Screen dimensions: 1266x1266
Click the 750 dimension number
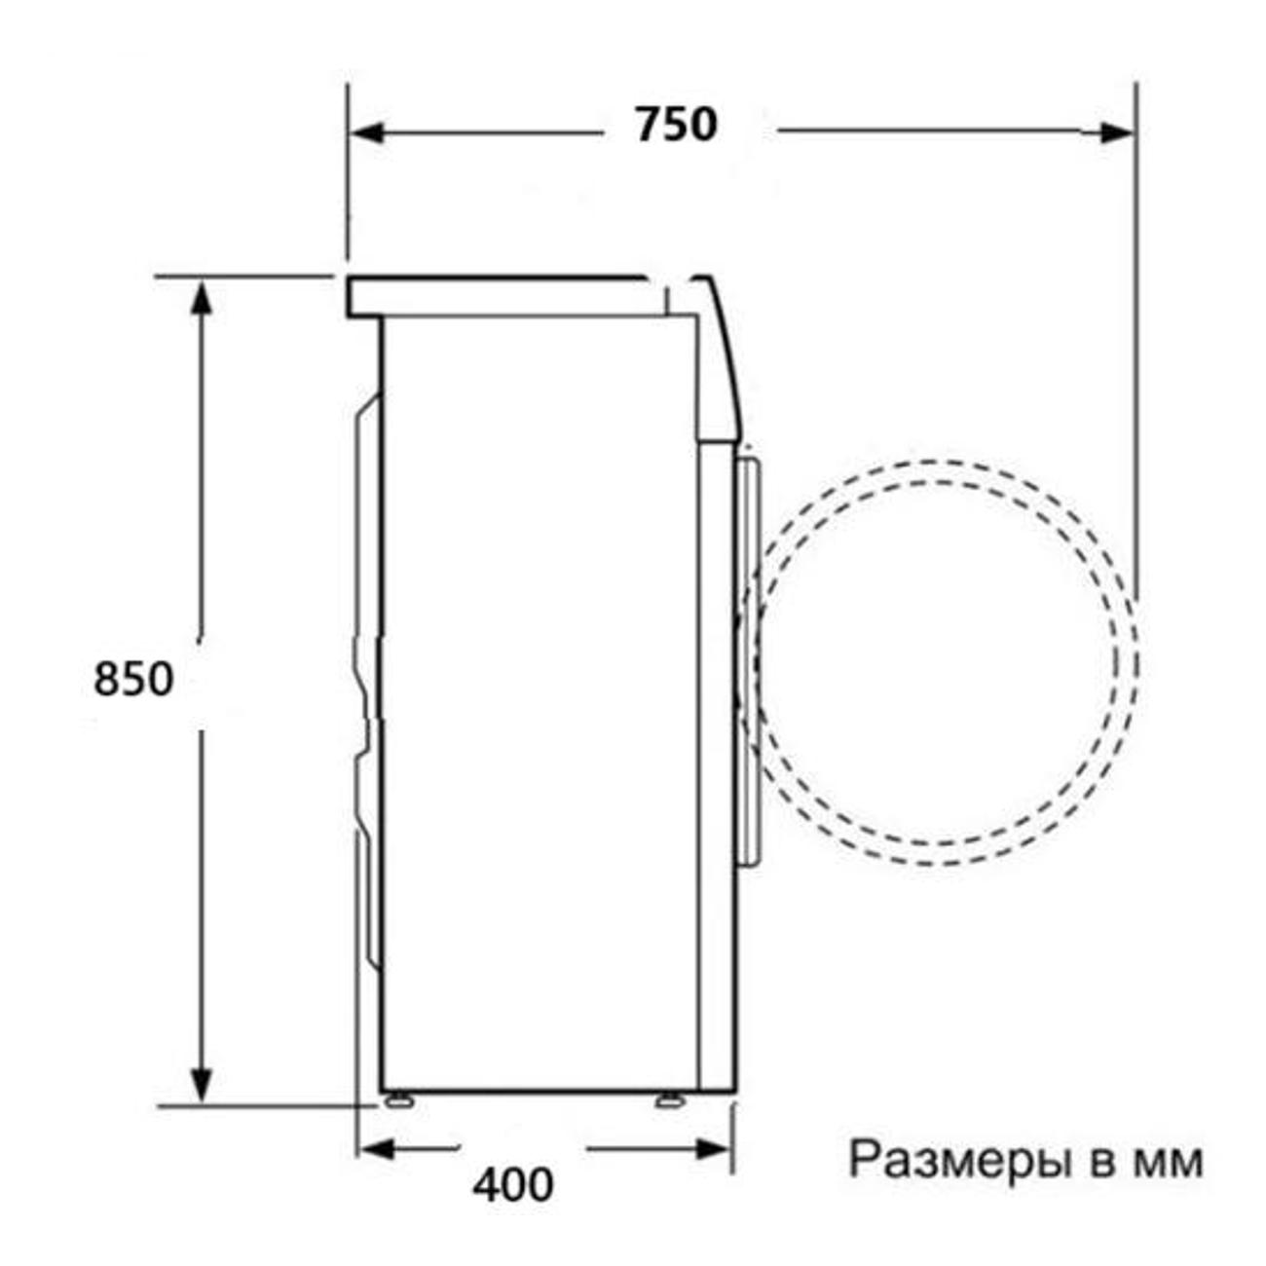676,125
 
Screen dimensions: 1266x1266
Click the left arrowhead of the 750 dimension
366,132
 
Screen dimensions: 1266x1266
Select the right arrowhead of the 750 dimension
1117,132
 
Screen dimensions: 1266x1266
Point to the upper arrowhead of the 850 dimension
201,299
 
